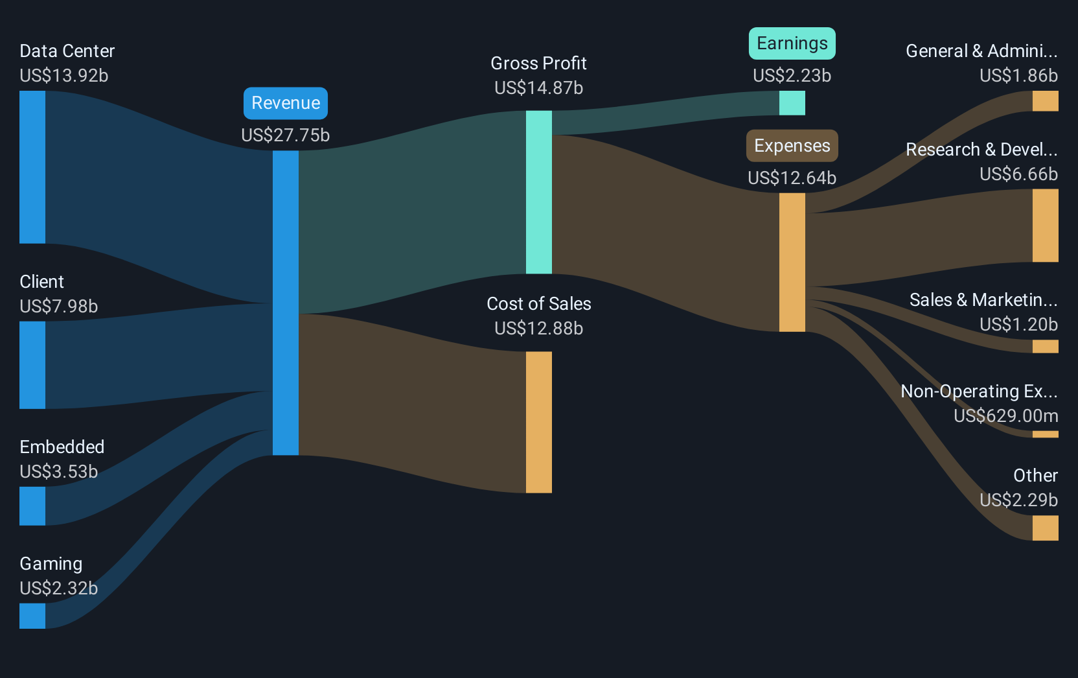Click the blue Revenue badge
[x=286, y=103]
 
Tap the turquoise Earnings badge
[x=792, y=43]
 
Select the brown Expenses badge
[x=792, y=145]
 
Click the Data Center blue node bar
[x=32, y=167]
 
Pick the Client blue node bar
[x=32, y=365]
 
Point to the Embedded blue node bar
[x=32, y=506]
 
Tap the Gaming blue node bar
[x=32, y=616]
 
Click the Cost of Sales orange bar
[x=539, y=423]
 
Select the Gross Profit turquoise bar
[x=539, y=192]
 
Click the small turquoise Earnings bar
[x=792, y=103]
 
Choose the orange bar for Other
[x=1045, y=528]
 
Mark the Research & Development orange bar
[x=1045, y=226]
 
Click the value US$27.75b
[x=286, y=135]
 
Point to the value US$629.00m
[x=1006, y=415]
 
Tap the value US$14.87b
[x=539, y=88]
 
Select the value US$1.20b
[x=1019, y=325]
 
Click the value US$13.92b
[x=64, y=76]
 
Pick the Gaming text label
[x=51, y=564]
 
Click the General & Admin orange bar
[x=1045, y=101]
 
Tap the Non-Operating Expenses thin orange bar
[x=1045, y=434]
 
